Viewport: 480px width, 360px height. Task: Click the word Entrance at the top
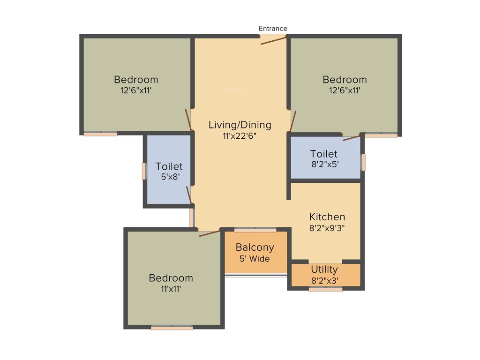(x=273, y=29)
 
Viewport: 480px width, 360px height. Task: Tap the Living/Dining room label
(x=240, y=125)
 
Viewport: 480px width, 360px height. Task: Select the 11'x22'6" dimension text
(x=240, y=136)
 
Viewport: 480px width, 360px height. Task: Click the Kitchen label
(x=327, y=217)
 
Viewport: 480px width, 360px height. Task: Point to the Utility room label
(x=324, y=270)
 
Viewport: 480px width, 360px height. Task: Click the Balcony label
(x=255, y=247)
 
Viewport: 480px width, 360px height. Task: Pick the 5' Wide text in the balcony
(x=253, y=258)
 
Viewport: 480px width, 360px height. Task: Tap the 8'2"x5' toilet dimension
(x=324, y=165)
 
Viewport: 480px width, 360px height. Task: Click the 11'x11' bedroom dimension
(x=171, y=289)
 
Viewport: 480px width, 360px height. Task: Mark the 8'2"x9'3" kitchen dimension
(x=327, y=228)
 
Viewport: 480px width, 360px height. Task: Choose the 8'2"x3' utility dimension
(x=325, y=281)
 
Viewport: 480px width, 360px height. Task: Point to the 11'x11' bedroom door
(x=209, y=233)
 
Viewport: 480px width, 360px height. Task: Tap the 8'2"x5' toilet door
(x=352, y=137)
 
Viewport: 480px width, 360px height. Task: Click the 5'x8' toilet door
(x=189, y=195)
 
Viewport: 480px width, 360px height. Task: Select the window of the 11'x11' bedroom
(x=172, y=327)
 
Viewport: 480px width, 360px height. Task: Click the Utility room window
(x=325, y=289)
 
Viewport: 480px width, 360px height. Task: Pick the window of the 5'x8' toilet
(x=144, y=171)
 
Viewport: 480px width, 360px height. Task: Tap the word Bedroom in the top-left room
(x=136, y=79)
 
